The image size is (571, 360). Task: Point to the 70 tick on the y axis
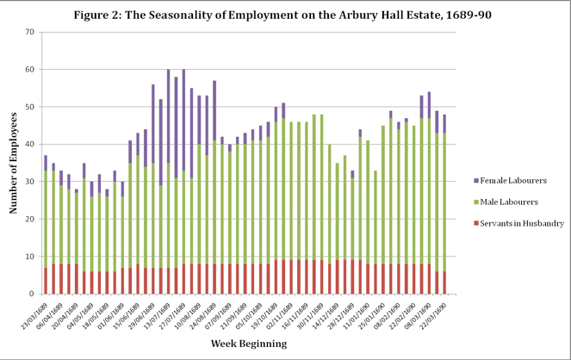(x=28, y=32)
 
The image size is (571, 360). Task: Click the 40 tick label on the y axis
(x=28, y=144)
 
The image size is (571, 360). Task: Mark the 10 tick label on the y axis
(x=28, y=256)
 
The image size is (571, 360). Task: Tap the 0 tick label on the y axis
(x=31, y=294)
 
